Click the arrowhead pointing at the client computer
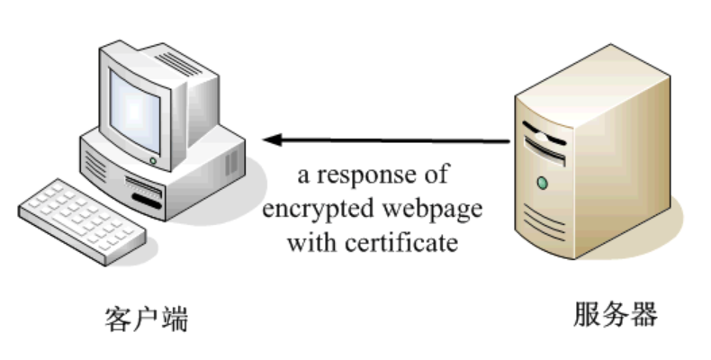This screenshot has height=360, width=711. pyautogui.click(x=272, y=140)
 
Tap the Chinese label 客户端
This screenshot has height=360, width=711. pyautogui.click(x=147, y=319)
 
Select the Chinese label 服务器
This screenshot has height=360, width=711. pyautogui.click(x=616, y=314)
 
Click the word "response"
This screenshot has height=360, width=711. pyautogui.click(x=366, y=175)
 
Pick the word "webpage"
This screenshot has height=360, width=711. pyautogui.click(x=432, y=210)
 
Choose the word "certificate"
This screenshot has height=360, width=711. pyautogui.click(x=401, y=243)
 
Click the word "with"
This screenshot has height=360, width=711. pyautogui.click(x=312, y=243)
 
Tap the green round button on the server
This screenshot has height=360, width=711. pyautogui.click(x=542, y=184)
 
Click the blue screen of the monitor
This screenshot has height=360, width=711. pyautogui.click(x=135, y=112)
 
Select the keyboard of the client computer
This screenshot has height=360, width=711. pyautogui.click(x=82, y=221)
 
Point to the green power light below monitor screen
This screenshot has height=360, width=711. pyautogui.click(x=153, y=161)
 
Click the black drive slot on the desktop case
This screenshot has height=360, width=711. pyautogui.click(x=147, y=202)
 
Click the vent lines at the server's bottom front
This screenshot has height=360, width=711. pyautogui.click(x=544, y=223)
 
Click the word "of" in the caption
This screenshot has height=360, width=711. pyautogui.click(x=436, y=175)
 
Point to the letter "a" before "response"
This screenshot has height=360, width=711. pyautogui.click(x=303, y=176)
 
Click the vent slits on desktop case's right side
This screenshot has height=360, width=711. pyautogui.click(x=231, y=163)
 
